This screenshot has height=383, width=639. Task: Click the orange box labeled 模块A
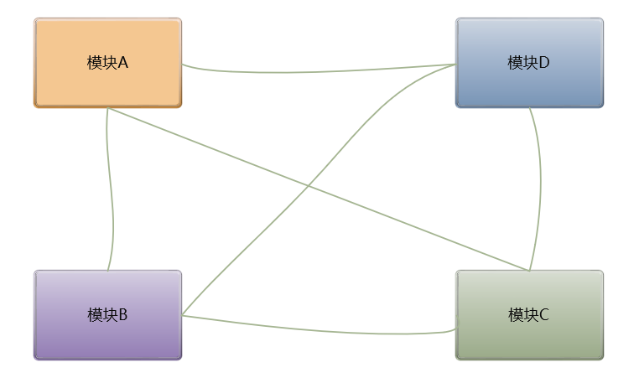pyautogui.click(x=107, y=63)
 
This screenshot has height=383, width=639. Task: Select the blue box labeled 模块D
pyautogui.click(x=529, y=63)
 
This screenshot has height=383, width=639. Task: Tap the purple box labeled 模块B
pyautogui.click(x=107, y=315)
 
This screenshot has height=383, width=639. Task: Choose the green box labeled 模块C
pyautogui.click(x=529, y=315)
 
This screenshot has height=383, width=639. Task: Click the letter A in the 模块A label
pyautogui.click(x=122, y=63)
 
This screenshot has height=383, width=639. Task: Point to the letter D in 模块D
pyautogui.click(x=544, y=63)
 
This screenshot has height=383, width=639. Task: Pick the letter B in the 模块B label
pyautogui.click(x=122, y=315)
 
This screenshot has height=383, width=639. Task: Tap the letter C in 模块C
pyautogui.click(x=544, y=315)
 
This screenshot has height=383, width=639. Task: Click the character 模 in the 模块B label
pyautogui.click(x=95, y=315)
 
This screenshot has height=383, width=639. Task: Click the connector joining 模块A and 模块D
pyautogui.click(x=319, y=71)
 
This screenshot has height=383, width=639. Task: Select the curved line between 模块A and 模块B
pyautogui.click(x=111, y=189)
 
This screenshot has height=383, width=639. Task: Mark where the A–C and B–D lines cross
pyautogui.click(x=308, y=186)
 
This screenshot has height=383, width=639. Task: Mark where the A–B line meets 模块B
pyautogui.click(x=107, y=271)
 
